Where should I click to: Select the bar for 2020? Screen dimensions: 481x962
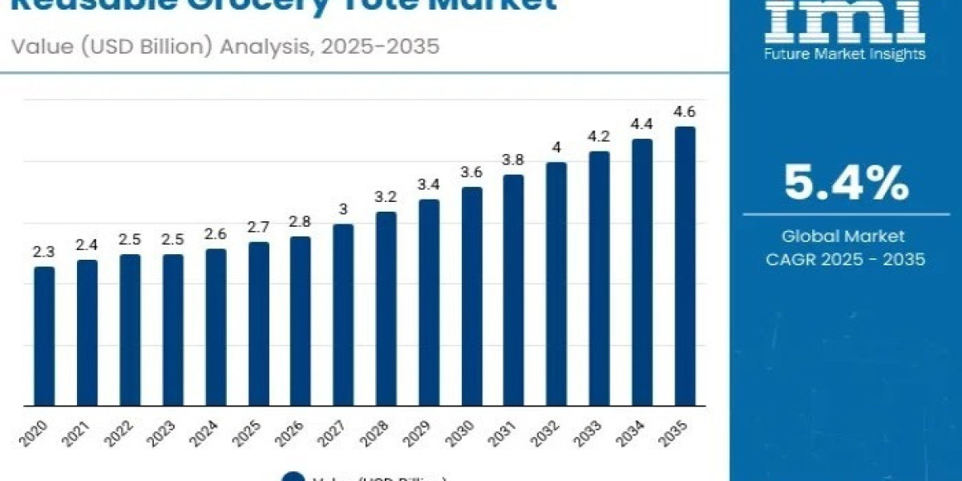point(44,336)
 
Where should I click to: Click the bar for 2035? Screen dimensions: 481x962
point(685,265)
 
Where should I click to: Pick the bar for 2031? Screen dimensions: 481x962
point(514,289)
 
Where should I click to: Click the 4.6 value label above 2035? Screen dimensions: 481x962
point(685,111)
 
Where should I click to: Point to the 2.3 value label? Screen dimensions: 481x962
point(44,252)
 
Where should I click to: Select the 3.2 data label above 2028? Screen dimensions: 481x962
point(386,196)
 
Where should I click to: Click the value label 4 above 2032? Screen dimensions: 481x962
point(556,148)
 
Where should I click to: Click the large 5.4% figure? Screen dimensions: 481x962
point(846,184)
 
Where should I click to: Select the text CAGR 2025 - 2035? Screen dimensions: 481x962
point(846,259)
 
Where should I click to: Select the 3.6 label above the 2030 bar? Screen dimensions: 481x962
point(471,172)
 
